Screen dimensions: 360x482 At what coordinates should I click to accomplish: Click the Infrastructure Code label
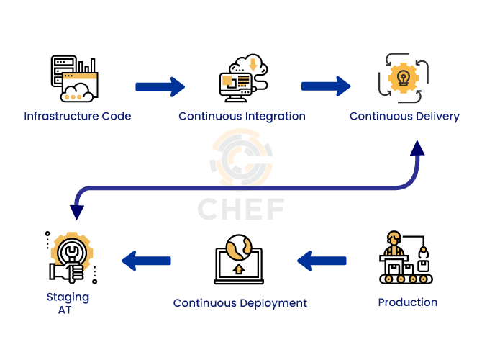[78, 116]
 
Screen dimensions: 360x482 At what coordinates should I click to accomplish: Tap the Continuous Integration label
[242, 116]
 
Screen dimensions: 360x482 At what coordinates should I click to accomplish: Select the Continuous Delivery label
[404, 116]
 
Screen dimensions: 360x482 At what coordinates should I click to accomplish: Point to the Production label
[408, 302]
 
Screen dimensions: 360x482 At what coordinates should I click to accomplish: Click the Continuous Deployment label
[240, 303]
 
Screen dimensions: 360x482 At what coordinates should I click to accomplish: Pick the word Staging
[68, 297]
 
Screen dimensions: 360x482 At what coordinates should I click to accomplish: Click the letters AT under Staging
[68, 310]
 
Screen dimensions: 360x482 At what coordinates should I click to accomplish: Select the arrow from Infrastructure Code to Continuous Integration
[160, 87]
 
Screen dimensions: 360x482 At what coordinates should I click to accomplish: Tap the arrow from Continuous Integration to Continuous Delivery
[326, 86]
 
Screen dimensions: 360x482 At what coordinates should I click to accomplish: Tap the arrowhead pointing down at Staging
[76, 212]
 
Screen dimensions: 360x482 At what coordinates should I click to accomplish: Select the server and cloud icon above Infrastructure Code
[74, 78]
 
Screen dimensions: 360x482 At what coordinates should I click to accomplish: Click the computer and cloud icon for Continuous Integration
[242, 76]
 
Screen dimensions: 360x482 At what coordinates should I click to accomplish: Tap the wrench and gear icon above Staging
[71, 258]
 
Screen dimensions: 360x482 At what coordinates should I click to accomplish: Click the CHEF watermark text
[241, 209]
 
